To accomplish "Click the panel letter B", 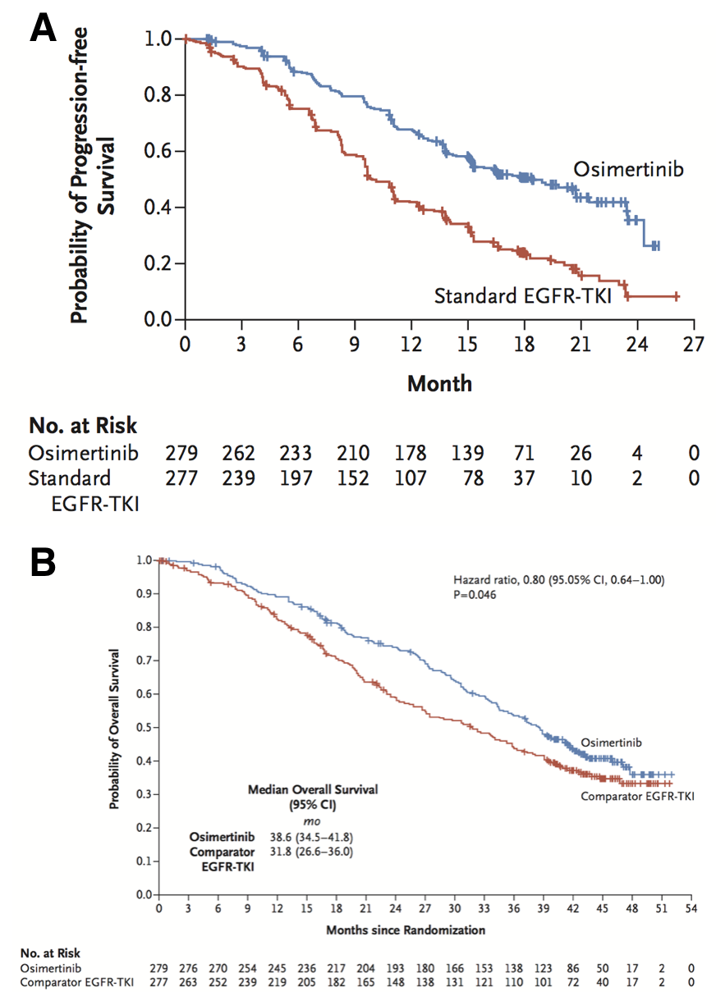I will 43,564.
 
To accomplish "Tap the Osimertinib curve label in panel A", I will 629,169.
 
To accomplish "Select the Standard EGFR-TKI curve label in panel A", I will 522,295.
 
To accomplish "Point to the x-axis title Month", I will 439,382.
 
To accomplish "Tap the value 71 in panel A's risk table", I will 523,453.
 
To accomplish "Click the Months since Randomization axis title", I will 406,930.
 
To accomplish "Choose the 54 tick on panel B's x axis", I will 691,909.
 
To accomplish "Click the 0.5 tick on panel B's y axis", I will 145,727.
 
